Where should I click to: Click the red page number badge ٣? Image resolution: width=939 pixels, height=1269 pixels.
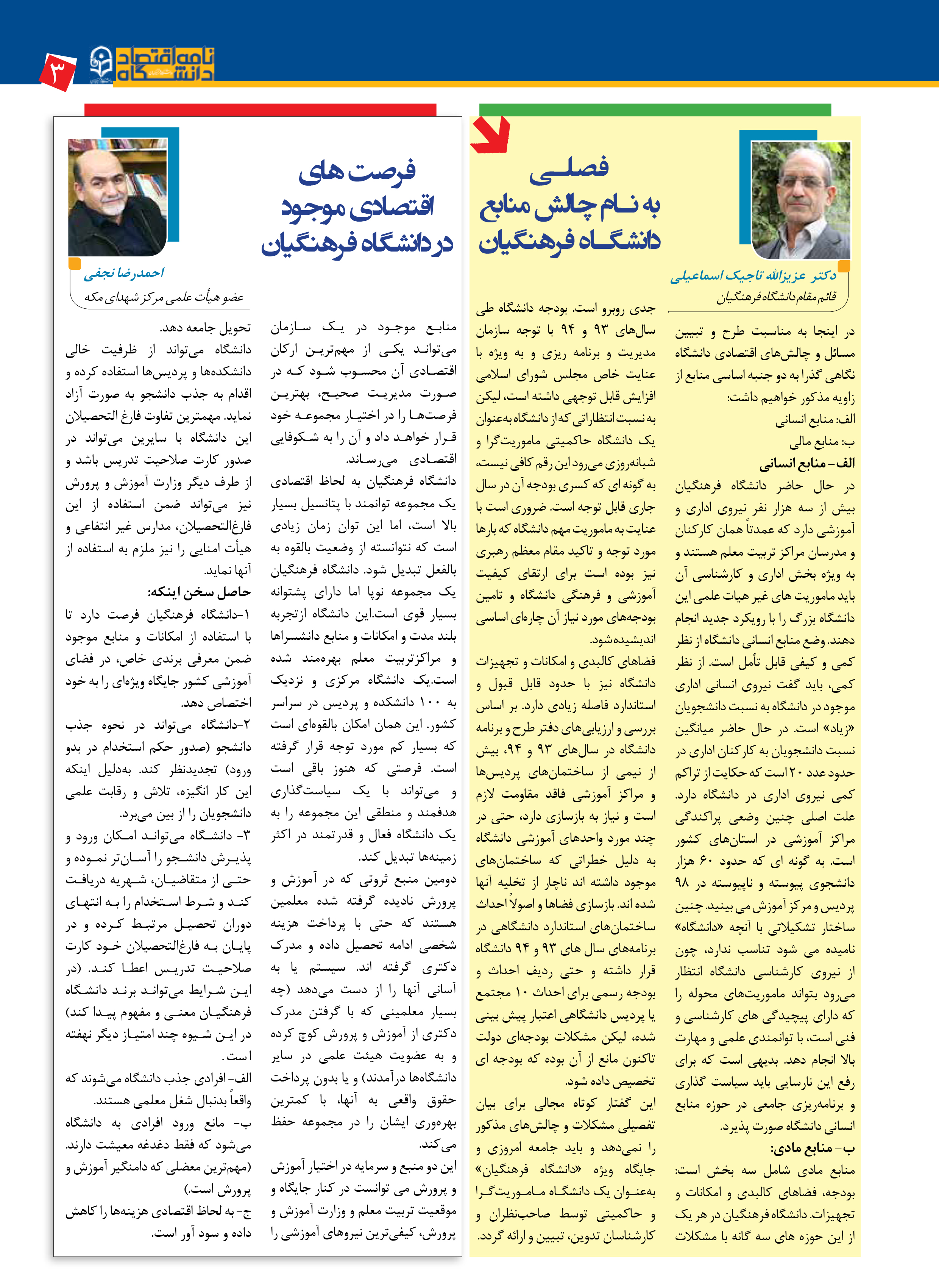tap(58, 72)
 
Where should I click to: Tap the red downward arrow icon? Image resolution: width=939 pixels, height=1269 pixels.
tap(491, 135)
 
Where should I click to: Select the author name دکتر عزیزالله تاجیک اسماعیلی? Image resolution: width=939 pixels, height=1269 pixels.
tap(753, 276)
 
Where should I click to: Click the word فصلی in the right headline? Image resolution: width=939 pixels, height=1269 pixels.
tap(569, 168)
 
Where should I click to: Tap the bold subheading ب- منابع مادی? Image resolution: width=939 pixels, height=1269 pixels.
tap(813, 1148)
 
